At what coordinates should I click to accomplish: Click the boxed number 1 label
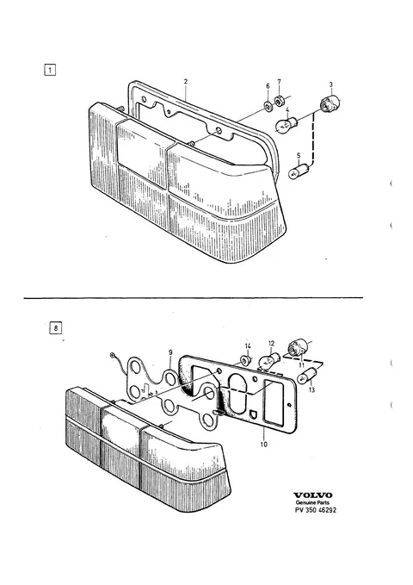coord(50,70)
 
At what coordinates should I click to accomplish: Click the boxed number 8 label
coord(56,328)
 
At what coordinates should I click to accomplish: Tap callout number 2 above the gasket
coord(186,81)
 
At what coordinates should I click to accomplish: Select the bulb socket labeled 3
coord(330,103)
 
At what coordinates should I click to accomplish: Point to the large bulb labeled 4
coord(287,125)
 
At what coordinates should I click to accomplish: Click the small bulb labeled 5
coord(300,171)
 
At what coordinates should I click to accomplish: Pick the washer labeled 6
coord(268,106)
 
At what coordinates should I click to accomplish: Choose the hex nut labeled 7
coord(278,100)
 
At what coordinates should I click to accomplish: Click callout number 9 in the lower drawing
coord(170,352)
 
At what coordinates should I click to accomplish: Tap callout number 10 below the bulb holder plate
coord(264,445)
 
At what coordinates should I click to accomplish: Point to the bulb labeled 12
coord(269,361)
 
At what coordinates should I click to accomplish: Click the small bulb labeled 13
coord(307,376)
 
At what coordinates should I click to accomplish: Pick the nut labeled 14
coord(245,360)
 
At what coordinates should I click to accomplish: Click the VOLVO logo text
coord(312,495)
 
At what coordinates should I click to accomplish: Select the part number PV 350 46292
coord(315,510)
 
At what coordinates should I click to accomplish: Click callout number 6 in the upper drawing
coord(268,86)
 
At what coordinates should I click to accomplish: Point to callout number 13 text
coord(311,390)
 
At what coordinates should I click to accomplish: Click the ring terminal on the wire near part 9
coord(113,355)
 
